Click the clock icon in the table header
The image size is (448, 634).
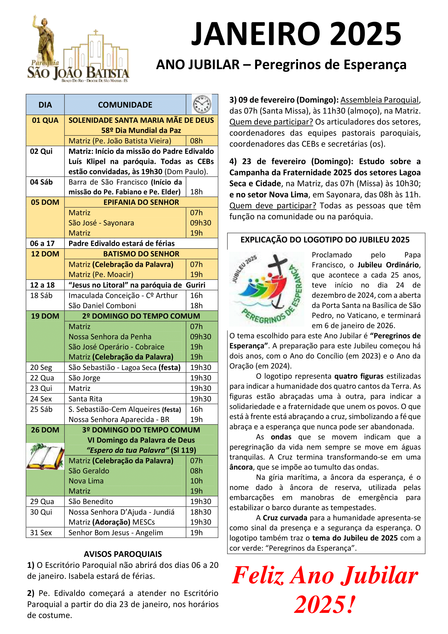202,104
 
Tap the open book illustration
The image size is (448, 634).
45,456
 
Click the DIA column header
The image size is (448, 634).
45,105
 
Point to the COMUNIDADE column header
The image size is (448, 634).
125,105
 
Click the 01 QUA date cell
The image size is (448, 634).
45,120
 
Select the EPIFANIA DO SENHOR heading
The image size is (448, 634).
141,202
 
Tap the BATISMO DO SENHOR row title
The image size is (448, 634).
141,254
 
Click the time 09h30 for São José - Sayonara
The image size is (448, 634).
200,223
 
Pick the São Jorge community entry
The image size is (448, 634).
85,378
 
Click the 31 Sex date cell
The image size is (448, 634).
41,532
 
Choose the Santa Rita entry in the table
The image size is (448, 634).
85,399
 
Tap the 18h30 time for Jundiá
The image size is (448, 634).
200,512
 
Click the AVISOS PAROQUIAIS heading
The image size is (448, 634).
123,554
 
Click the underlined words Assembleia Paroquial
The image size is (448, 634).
379,100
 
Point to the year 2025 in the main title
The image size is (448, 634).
365,34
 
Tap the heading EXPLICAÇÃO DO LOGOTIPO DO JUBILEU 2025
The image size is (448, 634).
325,240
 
